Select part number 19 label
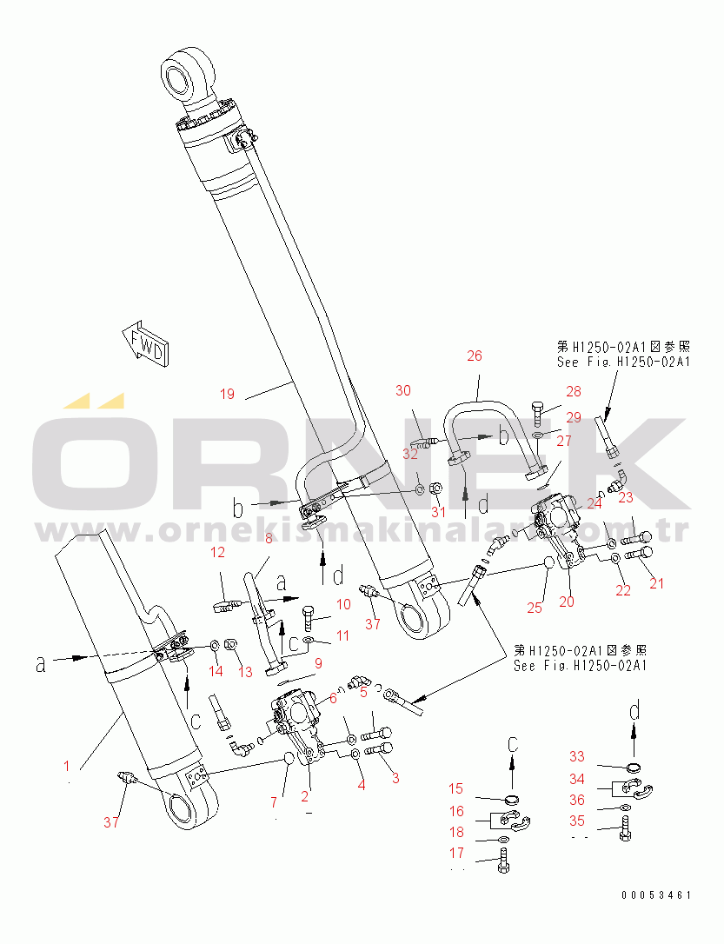226,394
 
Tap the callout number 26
474,356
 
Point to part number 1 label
66,766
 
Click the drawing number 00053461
656,894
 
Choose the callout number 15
456,788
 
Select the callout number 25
535,608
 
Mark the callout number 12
217,552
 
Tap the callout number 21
657,583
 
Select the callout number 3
395,777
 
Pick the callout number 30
403,390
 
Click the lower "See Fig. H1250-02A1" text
580,666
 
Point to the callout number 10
343,603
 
